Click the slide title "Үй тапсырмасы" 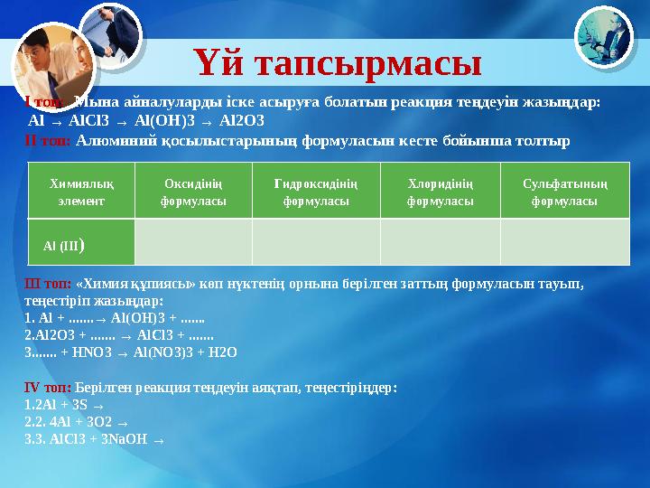(x=338, y=62)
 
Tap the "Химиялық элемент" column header (x=81, y=192)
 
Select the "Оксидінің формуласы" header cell (x=193, y=192)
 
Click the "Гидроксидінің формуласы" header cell (x=316, y=192)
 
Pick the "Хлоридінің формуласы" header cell (x=440, y=192)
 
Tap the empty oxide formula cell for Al (x=193, y=243)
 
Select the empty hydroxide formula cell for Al (x=316, y=243)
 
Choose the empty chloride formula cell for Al (x=440, y=243)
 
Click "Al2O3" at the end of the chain (x=242, y=120)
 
